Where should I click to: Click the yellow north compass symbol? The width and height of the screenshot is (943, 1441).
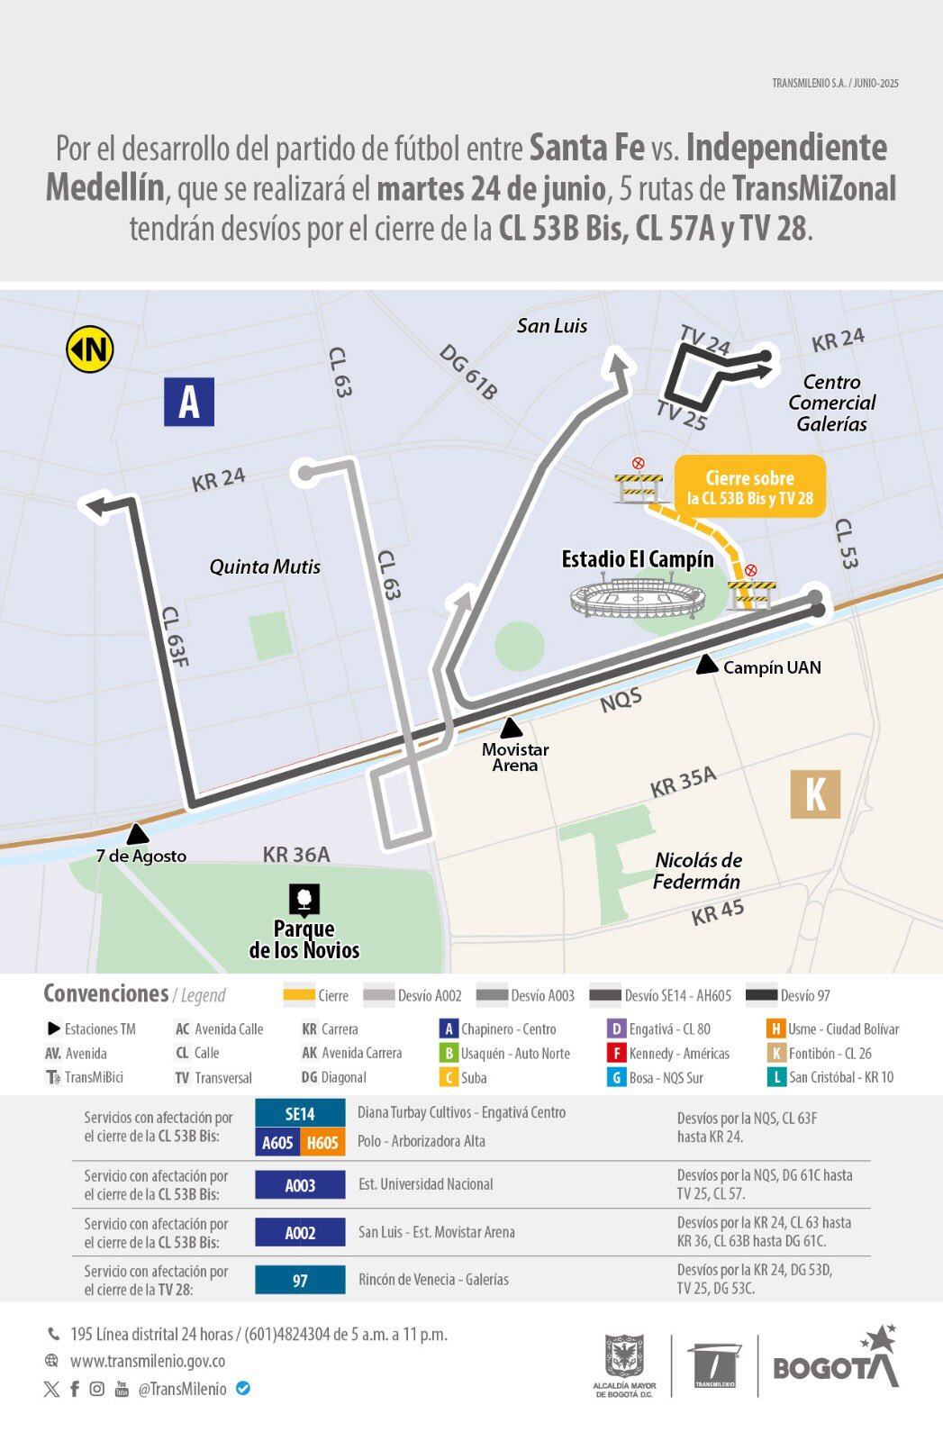[x=89, y=349]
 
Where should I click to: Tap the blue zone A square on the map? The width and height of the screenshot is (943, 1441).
[x=189, y=401]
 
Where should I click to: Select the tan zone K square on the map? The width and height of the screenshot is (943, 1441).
[x=815, y=793]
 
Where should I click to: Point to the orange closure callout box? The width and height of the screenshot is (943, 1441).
[x=749, y=487]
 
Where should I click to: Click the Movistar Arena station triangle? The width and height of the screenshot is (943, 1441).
[x=512, y=729]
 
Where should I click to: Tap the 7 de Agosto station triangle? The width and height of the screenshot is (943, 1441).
[x=137, y=834]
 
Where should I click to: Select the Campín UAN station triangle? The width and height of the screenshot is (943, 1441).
[x=708, y=665]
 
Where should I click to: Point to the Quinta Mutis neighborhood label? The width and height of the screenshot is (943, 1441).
[x=265, y=566]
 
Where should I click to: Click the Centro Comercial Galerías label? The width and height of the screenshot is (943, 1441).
[x=831, y=403]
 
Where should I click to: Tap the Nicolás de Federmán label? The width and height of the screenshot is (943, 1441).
[x=697, y=871]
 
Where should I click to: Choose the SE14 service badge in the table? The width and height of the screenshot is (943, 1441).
[x=300, y=1113]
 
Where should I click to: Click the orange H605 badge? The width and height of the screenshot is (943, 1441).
[x=322, y=1142]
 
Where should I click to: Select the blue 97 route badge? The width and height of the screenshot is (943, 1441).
[x=300, y=1280]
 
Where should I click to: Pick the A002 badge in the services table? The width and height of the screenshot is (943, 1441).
[x=300, y=1232]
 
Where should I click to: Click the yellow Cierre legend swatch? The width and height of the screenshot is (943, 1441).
[x=298, y=995]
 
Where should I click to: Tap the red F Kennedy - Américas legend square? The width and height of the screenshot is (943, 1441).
[x=616, y=1053]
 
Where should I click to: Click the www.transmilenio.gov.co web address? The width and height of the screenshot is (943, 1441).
[x=148, y=1361]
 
